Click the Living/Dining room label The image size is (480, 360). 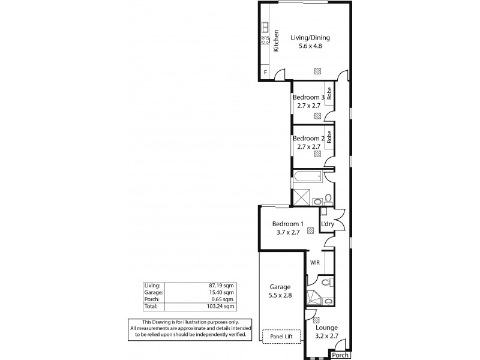click(x=310, y=38)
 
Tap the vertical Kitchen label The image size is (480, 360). click(x=277, y=41)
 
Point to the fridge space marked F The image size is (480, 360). click(x=265, y=73)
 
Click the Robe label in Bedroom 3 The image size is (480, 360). click(x=329, y=94)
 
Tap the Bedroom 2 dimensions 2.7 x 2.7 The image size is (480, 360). click(x=309, y=146)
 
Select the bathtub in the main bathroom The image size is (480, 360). click(x=307, y=177)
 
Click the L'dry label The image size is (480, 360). click(x=328, y=224)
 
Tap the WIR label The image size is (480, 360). click(x=314, y=262)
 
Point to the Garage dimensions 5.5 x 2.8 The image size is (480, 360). click(x=280, y=296)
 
